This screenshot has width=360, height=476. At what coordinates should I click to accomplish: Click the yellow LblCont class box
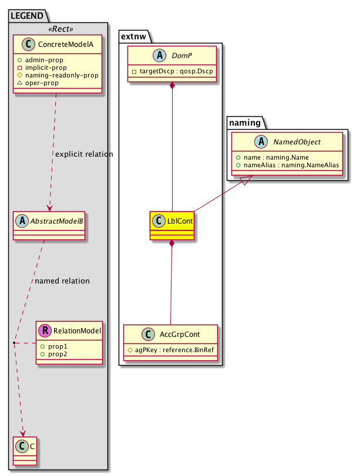click(x=171, y=225)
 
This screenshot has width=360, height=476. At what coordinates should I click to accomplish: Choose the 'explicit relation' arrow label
click(x=83, y=154)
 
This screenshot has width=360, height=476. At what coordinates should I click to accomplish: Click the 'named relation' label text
click(x=62, y=281)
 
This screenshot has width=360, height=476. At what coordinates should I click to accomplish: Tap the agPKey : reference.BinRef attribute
click(x=170, y=350)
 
